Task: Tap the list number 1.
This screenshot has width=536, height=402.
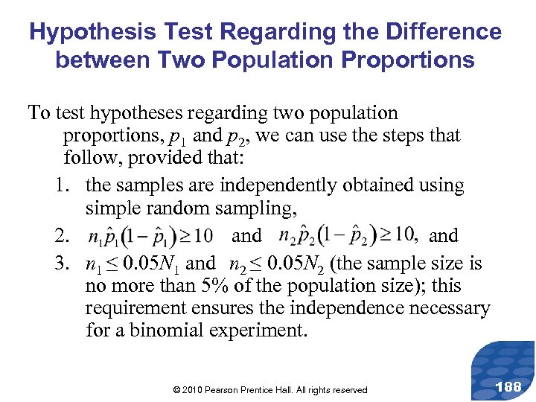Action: (62, 185)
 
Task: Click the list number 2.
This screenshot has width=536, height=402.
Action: (62, 236)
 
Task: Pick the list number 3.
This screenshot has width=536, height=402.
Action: (62, 264)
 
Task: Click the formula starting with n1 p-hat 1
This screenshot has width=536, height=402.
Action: (150, 236)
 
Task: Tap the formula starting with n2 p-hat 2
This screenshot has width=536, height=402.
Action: (346, 235)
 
